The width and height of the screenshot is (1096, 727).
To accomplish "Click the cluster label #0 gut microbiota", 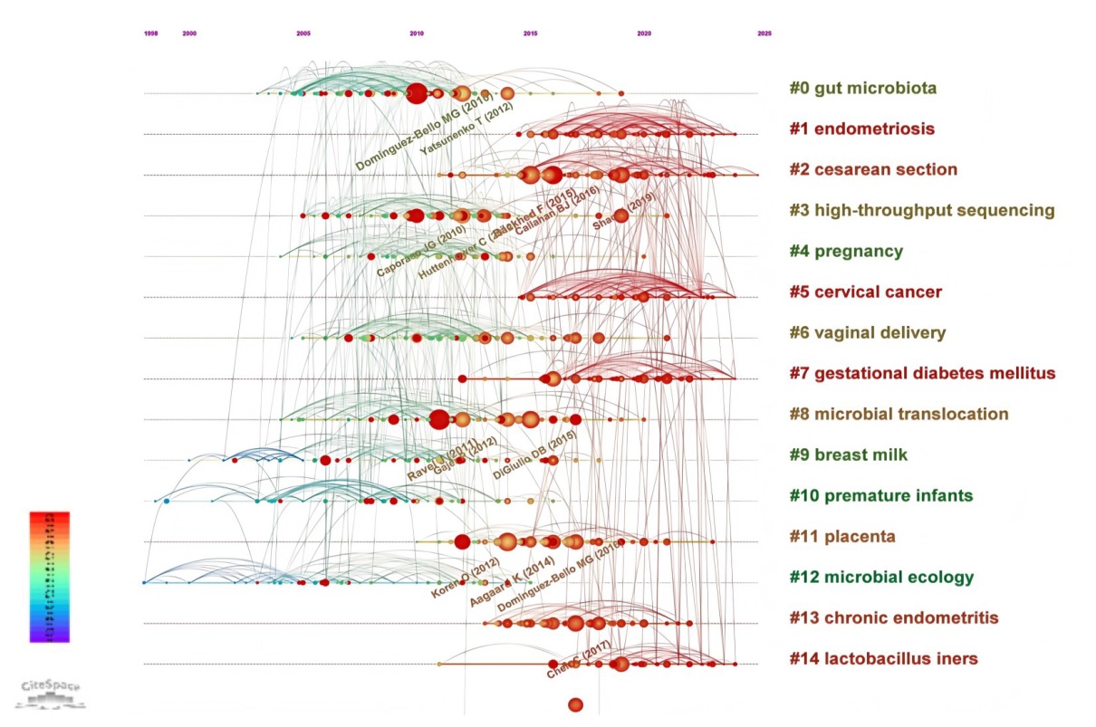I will (x=862, y=88).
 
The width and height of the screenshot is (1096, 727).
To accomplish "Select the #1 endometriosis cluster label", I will (x=861, y=129).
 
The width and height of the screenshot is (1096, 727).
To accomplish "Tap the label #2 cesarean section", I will (x=873, y=169).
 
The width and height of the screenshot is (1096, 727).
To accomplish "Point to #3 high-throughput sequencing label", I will (x=922, y=210).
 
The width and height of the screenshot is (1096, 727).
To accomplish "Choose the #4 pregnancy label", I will (x=846, y=251).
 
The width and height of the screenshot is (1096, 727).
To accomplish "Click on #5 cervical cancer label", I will (x=866, y=292).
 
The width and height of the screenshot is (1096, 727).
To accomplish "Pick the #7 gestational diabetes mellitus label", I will (x=922, y=373).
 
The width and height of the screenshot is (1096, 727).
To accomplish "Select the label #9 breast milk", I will (x=849, y=454).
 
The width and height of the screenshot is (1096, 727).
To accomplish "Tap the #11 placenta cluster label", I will (x=842, y=536).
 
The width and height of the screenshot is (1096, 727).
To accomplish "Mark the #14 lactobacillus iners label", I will (x=883, y=658).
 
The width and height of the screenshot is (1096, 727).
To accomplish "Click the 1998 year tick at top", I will (x=150, y=33).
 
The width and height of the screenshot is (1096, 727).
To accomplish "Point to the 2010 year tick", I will (x=417, y=33).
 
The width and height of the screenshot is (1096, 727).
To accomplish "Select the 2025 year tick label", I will (x=764, y=33).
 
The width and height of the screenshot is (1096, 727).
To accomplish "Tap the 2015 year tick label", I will (x=530, y=33).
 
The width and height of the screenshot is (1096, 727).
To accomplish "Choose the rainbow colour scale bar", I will (x=49, y=577).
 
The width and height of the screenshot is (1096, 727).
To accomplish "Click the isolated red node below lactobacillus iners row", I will (x=575, y=704).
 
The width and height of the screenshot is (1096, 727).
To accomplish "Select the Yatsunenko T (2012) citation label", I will (x=467, y=128).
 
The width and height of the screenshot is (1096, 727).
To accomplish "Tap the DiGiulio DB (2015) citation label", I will (x=535, y=455).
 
